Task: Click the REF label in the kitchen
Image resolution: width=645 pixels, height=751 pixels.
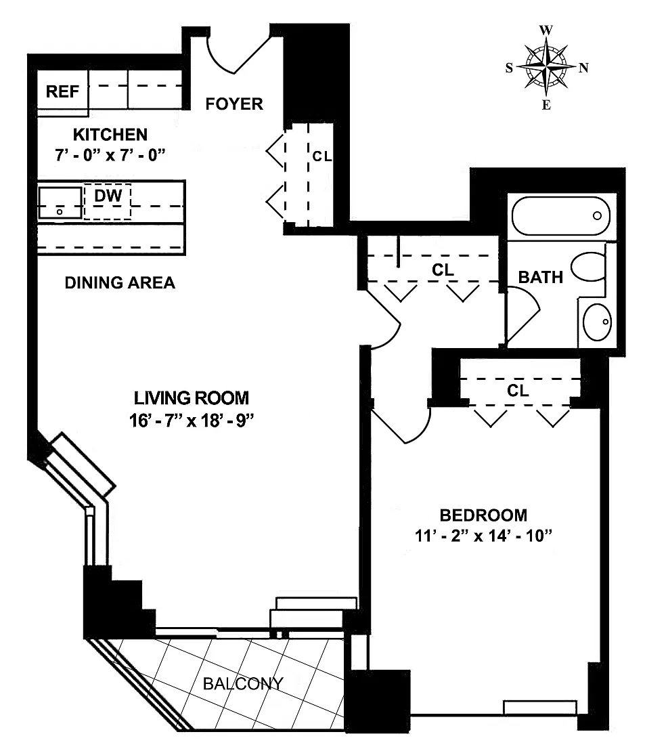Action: point(62,91)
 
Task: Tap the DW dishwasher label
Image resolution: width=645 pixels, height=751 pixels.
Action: point(108,196)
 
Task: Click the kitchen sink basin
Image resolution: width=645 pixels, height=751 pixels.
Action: point(60,203)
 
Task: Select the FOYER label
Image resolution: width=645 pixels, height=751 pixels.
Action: point(234,104)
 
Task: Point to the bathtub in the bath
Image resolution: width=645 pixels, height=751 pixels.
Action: point(560,215)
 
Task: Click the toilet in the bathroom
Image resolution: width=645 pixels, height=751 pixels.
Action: point(588,267)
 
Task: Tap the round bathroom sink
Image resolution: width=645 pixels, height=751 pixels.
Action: point(597,322)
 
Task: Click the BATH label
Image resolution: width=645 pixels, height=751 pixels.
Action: point(541,277)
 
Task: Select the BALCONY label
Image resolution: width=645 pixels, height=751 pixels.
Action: point(243,683)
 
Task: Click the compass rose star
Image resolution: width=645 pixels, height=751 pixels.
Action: point(546,67)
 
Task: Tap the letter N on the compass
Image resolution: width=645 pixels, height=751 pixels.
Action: point(583,68)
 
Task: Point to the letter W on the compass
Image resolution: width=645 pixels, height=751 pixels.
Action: point(546,30)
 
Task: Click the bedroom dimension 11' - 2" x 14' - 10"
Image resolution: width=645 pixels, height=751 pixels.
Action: point(483,535)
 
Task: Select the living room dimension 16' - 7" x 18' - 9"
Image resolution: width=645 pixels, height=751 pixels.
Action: point(192,420)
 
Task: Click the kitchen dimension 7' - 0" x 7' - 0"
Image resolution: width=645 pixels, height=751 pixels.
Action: point(110,154)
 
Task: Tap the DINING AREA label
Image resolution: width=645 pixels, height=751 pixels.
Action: point(120,282)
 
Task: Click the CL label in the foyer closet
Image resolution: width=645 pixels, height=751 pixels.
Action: point(321,156)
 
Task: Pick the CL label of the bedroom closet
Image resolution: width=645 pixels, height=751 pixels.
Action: point(518,390)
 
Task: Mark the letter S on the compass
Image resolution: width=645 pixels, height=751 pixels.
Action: point(509,68)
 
